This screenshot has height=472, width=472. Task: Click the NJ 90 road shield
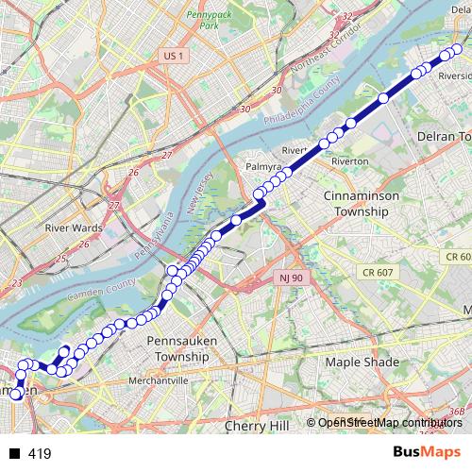(290, 278)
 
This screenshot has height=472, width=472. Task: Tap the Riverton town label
(349, 161)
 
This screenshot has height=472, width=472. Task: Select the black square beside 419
(15, 454)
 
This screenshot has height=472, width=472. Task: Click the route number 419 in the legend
(39, 454)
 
